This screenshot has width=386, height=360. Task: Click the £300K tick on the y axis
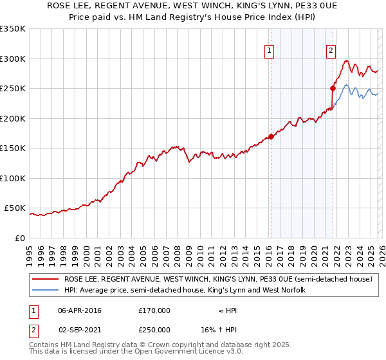13,59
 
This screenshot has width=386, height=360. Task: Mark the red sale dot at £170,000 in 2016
271,136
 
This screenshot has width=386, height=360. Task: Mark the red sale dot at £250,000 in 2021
333,89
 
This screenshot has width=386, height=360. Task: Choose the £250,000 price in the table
154,329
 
